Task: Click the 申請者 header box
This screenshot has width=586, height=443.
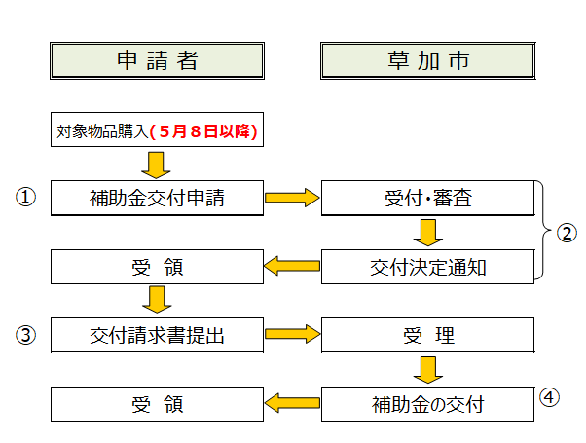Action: (157, 60)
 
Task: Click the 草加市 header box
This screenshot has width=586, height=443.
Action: (427, 60)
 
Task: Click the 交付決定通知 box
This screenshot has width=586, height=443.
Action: (427, 266)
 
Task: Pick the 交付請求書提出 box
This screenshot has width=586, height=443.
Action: (157, 336)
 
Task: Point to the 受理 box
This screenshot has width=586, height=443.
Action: (427, 336)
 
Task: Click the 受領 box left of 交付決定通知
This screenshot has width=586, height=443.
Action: (157, 266)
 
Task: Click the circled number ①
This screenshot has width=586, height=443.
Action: (25, 197)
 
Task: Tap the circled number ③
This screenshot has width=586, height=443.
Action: (25, 335)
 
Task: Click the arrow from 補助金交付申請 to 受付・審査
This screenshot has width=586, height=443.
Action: (292, 198)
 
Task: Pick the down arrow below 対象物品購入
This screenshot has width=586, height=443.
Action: (157, 163)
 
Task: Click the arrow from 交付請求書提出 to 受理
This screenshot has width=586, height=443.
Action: (292, 336)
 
